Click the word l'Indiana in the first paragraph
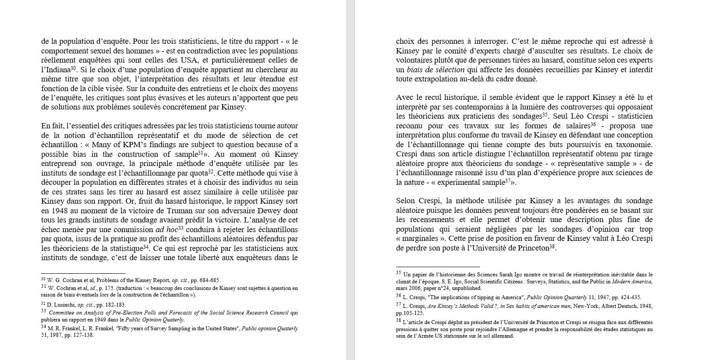pos(56,70)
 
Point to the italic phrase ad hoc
pos(166,229)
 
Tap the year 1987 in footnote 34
pos(63,335)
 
